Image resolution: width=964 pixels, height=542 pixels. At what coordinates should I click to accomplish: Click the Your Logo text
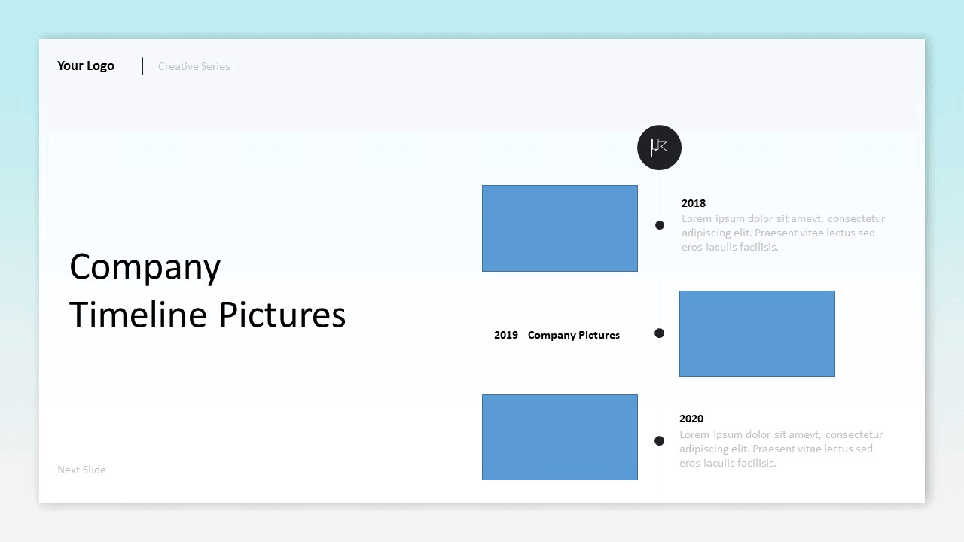86,65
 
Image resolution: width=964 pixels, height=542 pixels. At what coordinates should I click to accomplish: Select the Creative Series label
194,66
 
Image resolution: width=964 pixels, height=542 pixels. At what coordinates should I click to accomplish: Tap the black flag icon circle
659,148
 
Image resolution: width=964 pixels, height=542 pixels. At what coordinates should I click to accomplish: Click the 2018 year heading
694,203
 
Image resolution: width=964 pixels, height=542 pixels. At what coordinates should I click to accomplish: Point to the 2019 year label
505,335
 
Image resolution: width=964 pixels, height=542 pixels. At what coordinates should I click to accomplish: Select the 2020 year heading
691,419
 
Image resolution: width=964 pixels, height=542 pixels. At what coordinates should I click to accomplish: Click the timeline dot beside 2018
660,225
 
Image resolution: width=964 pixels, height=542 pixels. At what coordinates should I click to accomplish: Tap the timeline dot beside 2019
659,333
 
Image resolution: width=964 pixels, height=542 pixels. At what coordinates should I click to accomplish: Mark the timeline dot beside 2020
659,440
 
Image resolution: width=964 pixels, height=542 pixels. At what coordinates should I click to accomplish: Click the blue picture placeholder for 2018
560,228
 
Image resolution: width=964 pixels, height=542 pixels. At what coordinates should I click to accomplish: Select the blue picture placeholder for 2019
757,333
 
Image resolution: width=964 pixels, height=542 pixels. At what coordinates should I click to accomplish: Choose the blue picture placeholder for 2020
560,437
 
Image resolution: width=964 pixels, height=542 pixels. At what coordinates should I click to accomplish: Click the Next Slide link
82,470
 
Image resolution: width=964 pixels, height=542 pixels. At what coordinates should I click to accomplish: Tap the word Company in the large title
145,267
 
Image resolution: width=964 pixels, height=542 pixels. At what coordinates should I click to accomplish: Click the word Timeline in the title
138,314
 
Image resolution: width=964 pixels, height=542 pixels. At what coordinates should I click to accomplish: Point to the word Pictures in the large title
282,314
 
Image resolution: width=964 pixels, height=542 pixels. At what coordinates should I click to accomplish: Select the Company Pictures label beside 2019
574,335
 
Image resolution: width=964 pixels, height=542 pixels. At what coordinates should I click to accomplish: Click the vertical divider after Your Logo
143,66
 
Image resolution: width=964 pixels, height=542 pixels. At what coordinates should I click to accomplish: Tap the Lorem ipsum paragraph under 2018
783,233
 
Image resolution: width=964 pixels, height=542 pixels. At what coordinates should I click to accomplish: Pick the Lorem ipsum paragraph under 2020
781,449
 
